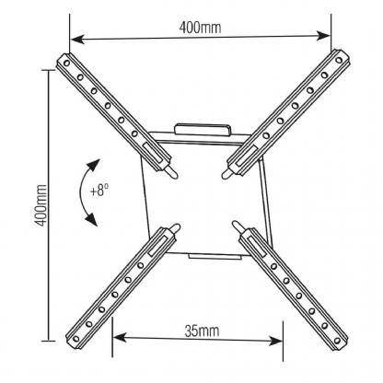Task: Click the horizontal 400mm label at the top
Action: click(x=200, y=28)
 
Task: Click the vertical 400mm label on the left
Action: click(x=41, y=205)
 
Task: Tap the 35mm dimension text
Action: click(x=202, y=331)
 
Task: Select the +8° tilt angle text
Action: click(x=99, y=191)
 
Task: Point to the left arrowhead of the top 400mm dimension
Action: click(x=77, y=40)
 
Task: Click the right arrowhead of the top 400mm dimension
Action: click(x=323, y=36)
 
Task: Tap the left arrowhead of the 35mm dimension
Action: click(x=120, y=337)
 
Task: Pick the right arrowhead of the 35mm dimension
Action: click(x=275, y=341)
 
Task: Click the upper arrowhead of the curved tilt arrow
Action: click(x=94, y=165)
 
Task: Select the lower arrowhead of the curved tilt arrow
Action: click(x=92, y=219)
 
